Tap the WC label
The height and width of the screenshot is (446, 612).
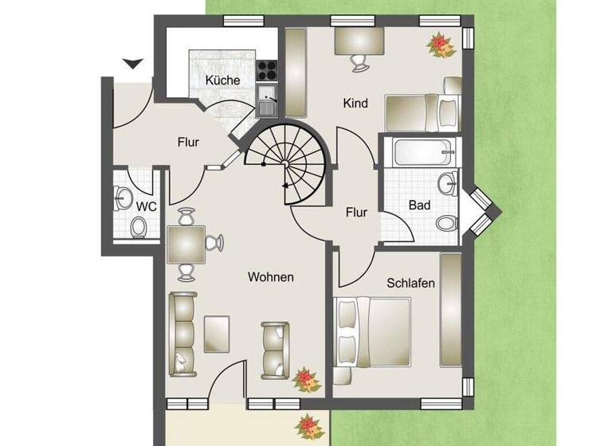[x=145, y=206]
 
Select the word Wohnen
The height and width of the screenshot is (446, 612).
[x=271, y=277]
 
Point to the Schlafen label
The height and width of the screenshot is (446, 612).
[x=410, y=283]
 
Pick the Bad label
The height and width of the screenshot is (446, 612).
[x=419, y=205]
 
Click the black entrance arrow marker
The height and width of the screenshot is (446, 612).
[x=132, y=63]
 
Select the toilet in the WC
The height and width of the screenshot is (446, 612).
[x=139, y=229]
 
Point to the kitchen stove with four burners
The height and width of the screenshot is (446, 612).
[x=266, y=69]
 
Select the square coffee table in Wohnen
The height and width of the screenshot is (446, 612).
[x=217, y=333]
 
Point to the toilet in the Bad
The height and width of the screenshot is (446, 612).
[x=448, y=221]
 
